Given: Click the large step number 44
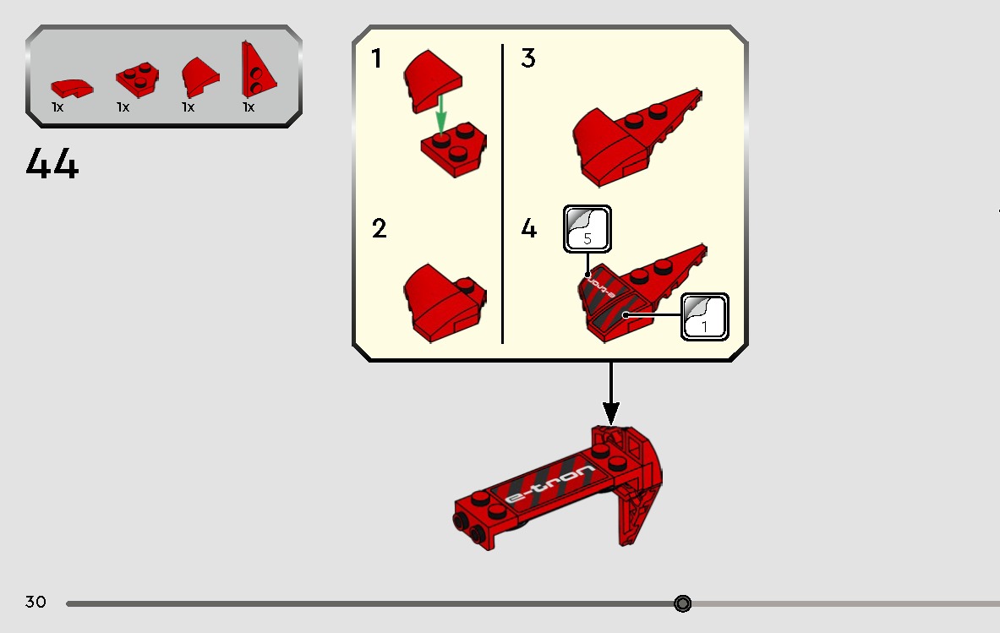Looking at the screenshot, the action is [52, 164].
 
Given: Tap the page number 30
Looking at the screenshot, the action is [36, 602].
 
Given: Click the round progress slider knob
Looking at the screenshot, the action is [682, 603].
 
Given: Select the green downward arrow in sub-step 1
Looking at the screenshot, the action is [440, 115].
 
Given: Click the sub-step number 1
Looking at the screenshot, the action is [377, 58].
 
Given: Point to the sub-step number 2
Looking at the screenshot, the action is [379, 228].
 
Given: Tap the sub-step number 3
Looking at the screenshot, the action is [528, 58].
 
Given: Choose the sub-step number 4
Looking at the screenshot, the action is [528, 228].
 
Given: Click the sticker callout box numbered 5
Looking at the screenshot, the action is [587, 229].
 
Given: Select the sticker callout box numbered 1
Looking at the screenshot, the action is [705, 317].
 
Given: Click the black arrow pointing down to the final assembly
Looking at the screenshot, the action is [611, 393].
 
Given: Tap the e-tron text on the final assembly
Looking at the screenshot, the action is [549, 483].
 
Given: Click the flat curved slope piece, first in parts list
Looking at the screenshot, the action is [72, 88].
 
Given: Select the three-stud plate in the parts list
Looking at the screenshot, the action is [137, 79].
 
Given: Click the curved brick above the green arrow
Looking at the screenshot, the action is [432, 80].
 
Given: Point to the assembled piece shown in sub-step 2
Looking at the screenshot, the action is [445, 303].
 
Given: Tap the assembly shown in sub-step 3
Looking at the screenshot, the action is [637, 138].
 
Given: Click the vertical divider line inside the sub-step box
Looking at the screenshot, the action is [503, 194].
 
